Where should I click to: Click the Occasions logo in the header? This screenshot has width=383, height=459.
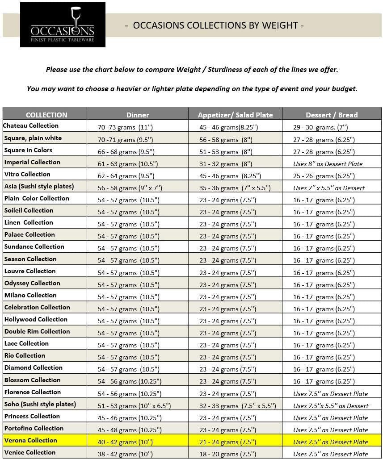click(63, 25)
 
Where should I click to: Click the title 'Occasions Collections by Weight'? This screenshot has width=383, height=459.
click(214, 25)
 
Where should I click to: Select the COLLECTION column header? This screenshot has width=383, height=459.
click(46, 115)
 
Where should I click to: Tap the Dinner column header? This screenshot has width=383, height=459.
click(138, 115)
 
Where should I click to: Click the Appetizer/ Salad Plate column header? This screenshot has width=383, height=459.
click(235, 115)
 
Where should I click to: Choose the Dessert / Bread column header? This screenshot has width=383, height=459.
click(332, 115)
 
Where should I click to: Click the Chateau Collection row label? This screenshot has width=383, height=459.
click(31, 126)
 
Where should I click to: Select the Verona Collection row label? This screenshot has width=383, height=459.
click(31, 441)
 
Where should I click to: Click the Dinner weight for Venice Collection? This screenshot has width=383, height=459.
click(125, 454)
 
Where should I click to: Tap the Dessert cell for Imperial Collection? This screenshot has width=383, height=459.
click(328, 164)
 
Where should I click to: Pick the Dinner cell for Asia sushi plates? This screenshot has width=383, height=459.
click(127, 188)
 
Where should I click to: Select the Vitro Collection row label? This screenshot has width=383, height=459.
click(27, 174)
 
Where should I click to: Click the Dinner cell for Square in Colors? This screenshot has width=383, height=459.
click(126, 152)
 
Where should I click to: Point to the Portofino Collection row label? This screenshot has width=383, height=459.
click(34, 429)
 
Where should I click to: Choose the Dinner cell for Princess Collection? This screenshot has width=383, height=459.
click(130, 418)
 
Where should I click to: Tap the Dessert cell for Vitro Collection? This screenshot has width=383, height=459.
click(324, 176)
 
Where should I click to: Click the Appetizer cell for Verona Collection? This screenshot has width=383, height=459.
click(228, 442)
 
